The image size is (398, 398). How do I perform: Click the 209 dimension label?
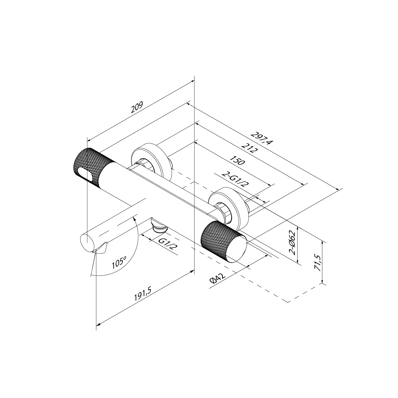click(x=137, y=107)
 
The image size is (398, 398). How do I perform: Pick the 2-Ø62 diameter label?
click(x=292, y=243)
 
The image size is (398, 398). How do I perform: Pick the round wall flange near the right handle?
click(x=228, y=204)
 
